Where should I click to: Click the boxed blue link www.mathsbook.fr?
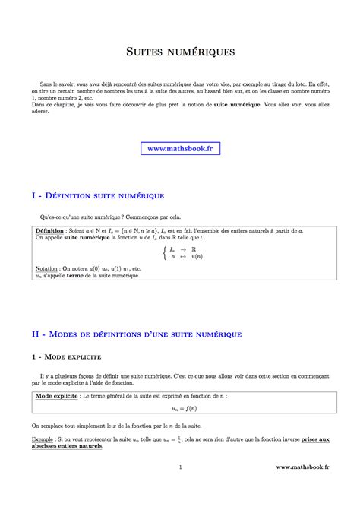pyautogui.click(x=180, y=150)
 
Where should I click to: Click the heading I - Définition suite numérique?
pyautogui.click(x=98, y=195)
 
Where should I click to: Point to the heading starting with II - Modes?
pyautogui.click(x=137, y=334)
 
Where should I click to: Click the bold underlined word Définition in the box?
pyautogui.click(x=50, y=230)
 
